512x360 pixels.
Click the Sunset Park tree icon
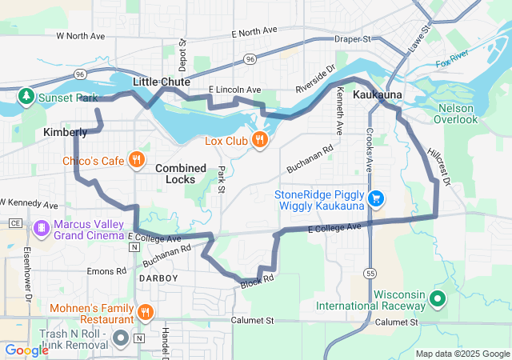[x=25, y=98]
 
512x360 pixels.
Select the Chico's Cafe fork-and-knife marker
[x=137, y=160]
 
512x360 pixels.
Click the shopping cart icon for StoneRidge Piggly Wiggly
[x=376, y=198]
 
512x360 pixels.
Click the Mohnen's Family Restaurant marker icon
[x=145, y=311]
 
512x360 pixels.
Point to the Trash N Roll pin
[x=121, y=338]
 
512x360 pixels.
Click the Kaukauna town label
[x=376, y=94]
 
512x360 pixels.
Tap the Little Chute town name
[x=161, y=82]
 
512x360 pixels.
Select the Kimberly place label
[x=65, y=132]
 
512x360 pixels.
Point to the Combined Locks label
[x=180, y=174]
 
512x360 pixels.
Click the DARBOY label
[x=153, y=277]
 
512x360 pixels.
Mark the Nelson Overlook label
[x=455, y=114]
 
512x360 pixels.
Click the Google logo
[x=27, y=350]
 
